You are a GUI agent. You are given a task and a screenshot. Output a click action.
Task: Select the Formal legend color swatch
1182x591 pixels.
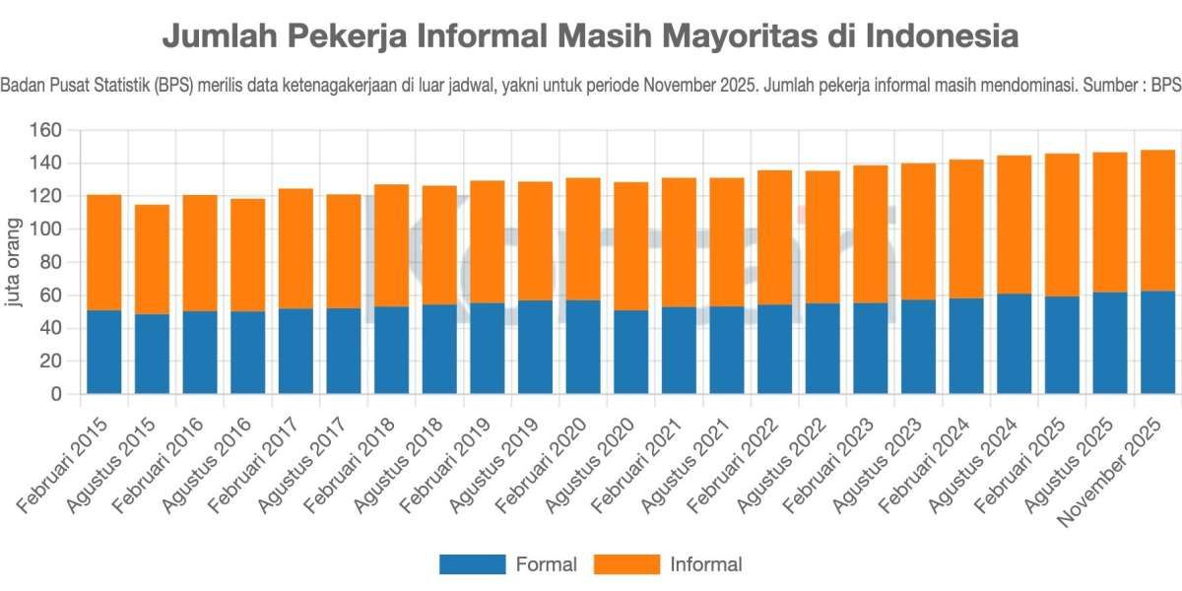coord(471,564)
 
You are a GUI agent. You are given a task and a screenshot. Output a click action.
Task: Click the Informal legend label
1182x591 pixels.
coord(705,564)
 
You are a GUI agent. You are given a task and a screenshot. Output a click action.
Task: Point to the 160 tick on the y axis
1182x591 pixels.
coord(46,130)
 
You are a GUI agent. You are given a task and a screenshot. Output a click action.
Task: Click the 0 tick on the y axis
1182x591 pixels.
coord(56,394)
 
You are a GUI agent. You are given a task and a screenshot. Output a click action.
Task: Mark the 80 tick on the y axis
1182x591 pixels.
coord(51,262)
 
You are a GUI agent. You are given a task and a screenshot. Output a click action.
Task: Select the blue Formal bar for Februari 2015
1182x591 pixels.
coord(103,352)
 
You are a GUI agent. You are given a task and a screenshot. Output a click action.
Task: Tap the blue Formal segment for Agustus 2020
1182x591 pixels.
coord(630,352)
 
